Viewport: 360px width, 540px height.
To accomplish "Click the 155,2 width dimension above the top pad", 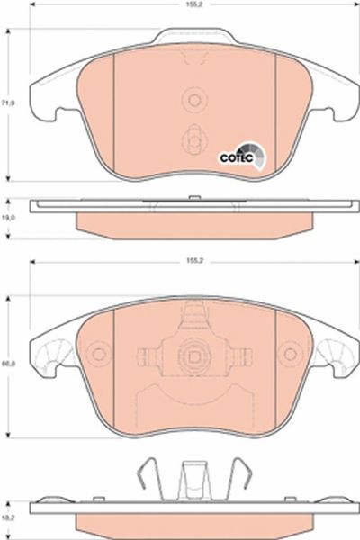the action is pos(194,4).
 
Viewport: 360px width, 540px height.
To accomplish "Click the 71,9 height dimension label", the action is pos(5,103).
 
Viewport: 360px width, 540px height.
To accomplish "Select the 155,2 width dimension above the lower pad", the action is pos(194,261).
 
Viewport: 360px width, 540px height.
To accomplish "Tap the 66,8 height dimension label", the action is pos(5,364).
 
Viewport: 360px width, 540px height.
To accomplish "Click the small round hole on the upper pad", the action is pos(194,100).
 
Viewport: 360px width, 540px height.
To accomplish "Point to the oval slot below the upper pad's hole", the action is pos(194,139).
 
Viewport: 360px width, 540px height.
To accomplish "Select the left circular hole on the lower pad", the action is pos(99,355).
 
